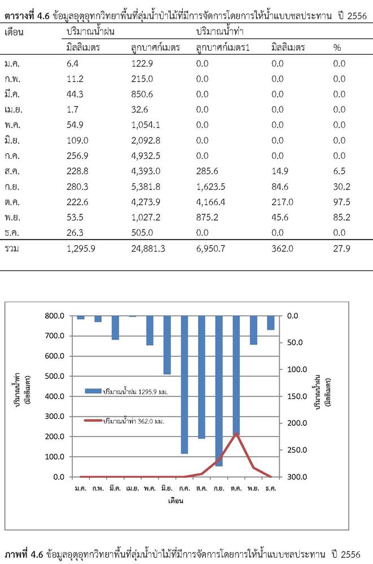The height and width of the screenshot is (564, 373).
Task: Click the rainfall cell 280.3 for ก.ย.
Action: coord(77,187)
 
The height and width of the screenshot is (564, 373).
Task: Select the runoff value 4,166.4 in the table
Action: coord(210,202)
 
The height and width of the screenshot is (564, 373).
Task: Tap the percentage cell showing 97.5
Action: coord(341,202)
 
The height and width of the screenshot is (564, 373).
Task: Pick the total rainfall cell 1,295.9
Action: coord(81,249)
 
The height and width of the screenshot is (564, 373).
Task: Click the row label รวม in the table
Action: coord(11,249)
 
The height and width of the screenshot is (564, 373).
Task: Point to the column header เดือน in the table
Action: coord(14,32)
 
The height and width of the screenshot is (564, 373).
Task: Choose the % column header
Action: coord(337,47)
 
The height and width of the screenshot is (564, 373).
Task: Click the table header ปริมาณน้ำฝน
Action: coord(90,31)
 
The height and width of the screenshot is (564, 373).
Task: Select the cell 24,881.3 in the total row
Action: coord(148,249)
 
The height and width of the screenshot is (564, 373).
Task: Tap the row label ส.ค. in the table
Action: coord(12,171)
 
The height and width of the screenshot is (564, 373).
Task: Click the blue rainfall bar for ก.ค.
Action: coord(185,385)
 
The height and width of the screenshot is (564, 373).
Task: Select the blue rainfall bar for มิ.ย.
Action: coord(167,345)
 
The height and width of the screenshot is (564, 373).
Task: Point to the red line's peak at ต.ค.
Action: coord(236,433)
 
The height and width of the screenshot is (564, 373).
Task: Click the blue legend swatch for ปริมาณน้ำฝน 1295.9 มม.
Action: coord(93,391)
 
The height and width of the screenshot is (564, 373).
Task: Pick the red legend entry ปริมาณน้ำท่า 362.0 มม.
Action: coord(124,421)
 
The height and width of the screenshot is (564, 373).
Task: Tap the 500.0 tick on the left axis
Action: coord(54,376)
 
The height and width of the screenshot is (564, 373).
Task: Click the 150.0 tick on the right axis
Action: coord(297,396)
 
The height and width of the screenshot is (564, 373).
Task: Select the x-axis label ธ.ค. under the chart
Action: coord(270,488)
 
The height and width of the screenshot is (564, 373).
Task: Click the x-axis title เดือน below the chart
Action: coord(175,500)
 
